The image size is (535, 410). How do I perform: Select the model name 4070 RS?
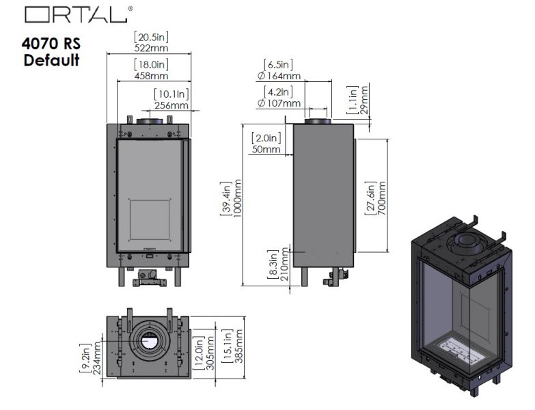point(51,44)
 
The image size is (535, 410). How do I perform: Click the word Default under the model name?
point(51,60)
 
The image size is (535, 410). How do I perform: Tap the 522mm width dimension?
point(151,48)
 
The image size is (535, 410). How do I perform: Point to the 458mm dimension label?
point(151,76)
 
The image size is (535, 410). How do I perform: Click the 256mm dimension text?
point(172,105)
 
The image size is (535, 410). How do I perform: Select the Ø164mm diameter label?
point(279,76)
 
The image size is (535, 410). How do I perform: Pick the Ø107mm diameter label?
point(279,103)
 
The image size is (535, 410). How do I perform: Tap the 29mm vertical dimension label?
point(363,100)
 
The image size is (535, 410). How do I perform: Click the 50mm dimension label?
point(266,150)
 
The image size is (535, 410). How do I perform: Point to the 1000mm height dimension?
point(238,198)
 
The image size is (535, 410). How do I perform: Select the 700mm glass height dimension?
point(382,198)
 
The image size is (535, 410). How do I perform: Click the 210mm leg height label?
point(284,264)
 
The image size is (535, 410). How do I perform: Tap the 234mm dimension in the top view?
point(97,358)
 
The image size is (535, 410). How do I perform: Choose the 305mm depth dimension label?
point(210,353)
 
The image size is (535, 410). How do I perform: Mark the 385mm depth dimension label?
point(239,346)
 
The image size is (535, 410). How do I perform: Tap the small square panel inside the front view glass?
point(150,219)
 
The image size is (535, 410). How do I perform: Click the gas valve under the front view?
point(149,278)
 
